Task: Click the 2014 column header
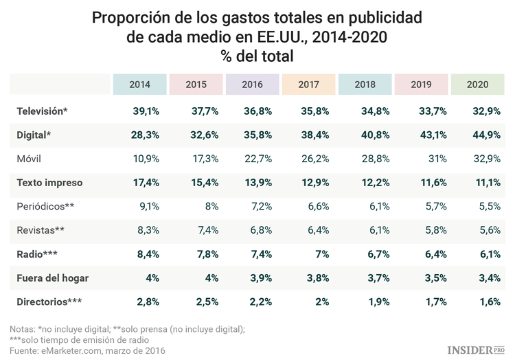[x=139, y=85]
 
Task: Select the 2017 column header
[x=308, y=85]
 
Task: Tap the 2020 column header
[x=477, y=85]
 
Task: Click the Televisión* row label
[x=42, y=111]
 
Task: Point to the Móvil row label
[x=29, y=159]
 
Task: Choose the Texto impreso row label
[x=49, y=183]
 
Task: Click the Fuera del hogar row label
[x=52, y=278]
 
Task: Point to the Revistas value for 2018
[x=371, y=230]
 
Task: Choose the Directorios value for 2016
[x=257, y=302]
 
